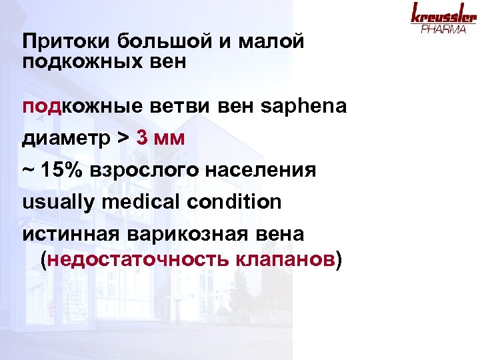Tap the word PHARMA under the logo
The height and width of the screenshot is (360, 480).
point(443,30)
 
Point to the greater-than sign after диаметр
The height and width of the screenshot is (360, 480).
point(122,139)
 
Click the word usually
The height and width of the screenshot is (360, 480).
point(56,201)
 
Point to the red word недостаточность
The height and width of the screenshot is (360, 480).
point(137,258)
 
